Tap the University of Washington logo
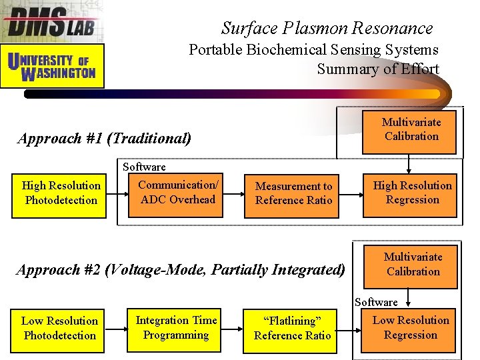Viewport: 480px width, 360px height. click(53, 66)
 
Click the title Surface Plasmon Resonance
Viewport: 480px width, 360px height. click(327, 28)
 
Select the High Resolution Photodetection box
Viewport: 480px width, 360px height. click(60, 193)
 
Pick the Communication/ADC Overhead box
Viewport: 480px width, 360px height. click(177, 193)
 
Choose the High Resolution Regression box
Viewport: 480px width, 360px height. click(411, 193)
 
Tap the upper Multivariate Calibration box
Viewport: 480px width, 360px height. click(411, 129)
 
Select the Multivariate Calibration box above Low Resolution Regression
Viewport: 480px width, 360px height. click(412, 265)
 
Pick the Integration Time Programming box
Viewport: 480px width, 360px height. click(176, 328)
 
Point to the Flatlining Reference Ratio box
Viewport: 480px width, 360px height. click(292, 329)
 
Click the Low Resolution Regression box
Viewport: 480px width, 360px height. click(410, 328)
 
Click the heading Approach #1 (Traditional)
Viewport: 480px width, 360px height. click(105, 139)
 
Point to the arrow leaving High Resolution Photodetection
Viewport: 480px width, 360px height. click(117, 193)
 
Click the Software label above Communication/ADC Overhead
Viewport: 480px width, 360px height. click(144, 167)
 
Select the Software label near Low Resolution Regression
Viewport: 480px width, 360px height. click(376, 302)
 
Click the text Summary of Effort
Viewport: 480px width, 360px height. click(377, 69)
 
